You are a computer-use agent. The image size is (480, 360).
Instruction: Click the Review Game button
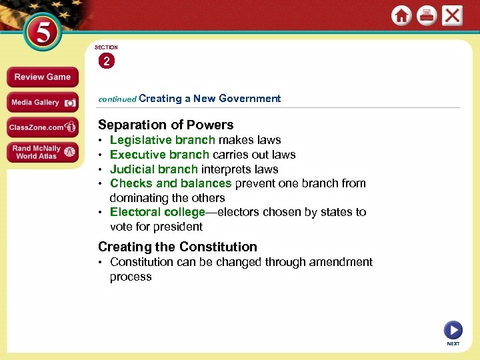pos(42,77)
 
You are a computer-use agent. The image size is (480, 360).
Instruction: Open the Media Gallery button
pos(42,103)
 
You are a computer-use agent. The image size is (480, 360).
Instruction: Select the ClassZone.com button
pos(42,127)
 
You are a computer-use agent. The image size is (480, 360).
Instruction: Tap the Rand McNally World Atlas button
pos(42,152)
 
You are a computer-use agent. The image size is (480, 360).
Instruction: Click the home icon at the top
pos(401,16)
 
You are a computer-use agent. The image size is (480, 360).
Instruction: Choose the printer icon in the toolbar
pos(427,16)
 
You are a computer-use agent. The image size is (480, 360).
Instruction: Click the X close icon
pos(452,15)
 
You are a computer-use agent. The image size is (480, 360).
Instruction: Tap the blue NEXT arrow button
pos(453,330)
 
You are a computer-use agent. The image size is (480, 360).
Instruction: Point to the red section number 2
pos(106,61)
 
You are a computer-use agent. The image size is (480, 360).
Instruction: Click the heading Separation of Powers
pos(165,125)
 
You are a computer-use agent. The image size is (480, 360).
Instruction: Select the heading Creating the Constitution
pos(177,247)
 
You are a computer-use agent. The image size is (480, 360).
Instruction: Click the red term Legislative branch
pos(162,140)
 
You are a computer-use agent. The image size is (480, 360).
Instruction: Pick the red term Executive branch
pos(159,155)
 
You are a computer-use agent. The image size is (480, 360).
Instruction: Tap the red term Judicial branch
pos(153,169)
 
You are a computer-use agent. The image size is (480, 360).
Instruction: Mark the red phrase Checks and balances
pos(171,183)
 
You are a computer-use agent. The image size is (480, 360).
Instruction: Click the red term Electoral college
pos(157,212)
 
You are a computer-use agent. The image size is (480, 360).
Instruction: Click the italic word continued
pos(117,99)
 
